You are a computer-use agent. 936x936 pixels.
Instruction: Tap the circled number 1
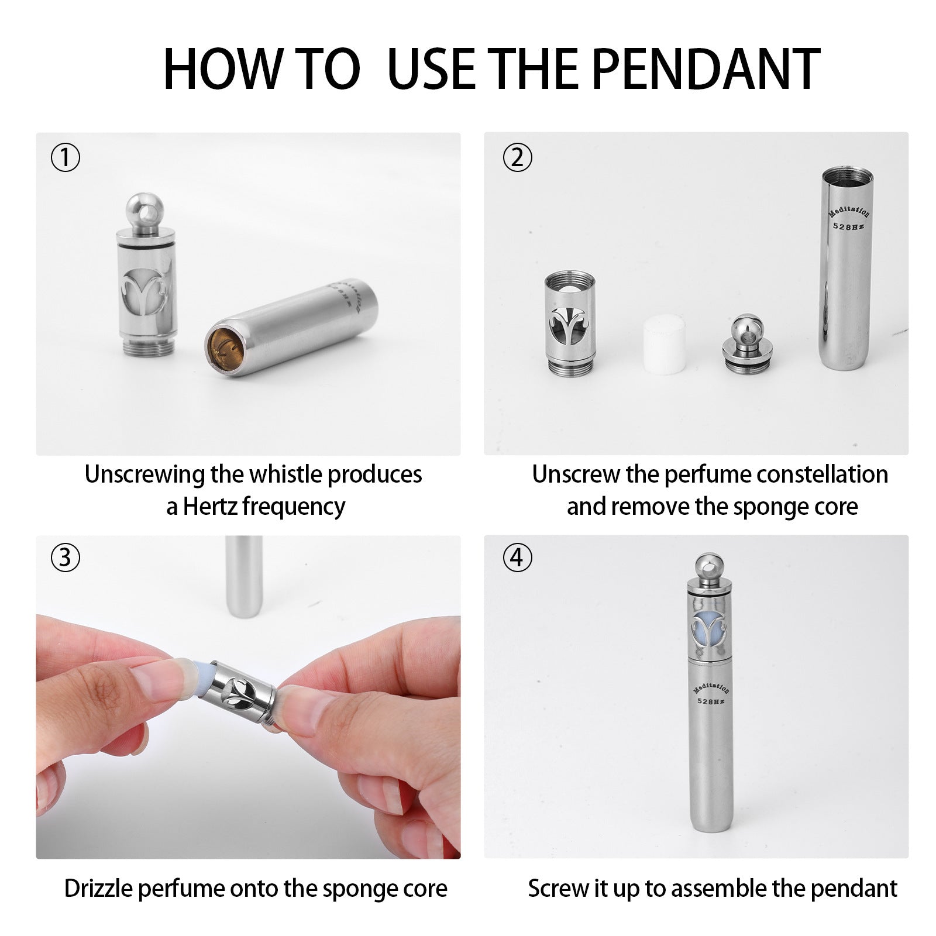pyautogui.click(x=66, y=158)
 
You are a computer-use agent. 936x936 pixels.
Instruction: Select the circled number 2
pyautogui.click(x=518, y=158)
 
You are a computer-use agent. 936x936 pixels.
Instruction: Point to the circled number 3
pyautogui.click(x=66, y=558)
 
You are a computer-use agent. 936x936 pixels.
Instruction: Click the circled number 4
pyautogui.click(x=518, y=558)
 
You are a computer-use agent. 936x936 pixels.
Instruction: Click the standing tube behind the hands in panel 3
pyautogui.click(x=245, y=576)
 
